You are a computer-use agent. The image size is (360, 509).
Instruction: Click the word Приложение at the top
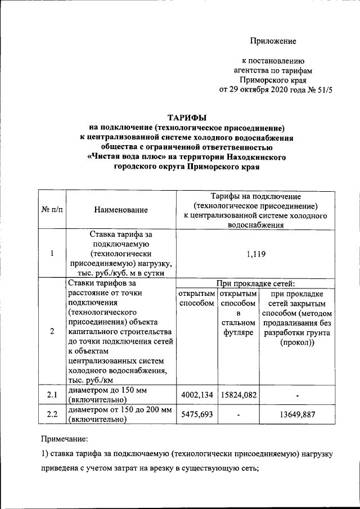[273, 41]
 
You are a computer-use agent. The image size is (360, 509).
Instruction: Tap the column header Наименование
[121, 210]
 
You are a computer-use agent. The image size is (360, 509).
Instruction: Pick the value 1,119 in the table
[256, 254]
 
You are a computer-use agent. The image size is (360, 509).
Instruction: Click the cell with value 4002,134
[195, 395]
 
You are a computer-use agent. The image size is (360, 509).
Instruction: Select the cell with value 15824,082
[238, 395]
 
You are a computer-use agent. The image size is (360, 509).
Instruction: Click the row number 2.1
[52, 395]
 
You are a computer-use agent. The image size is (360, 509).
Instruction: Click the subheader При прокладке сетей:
[256, 283]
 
